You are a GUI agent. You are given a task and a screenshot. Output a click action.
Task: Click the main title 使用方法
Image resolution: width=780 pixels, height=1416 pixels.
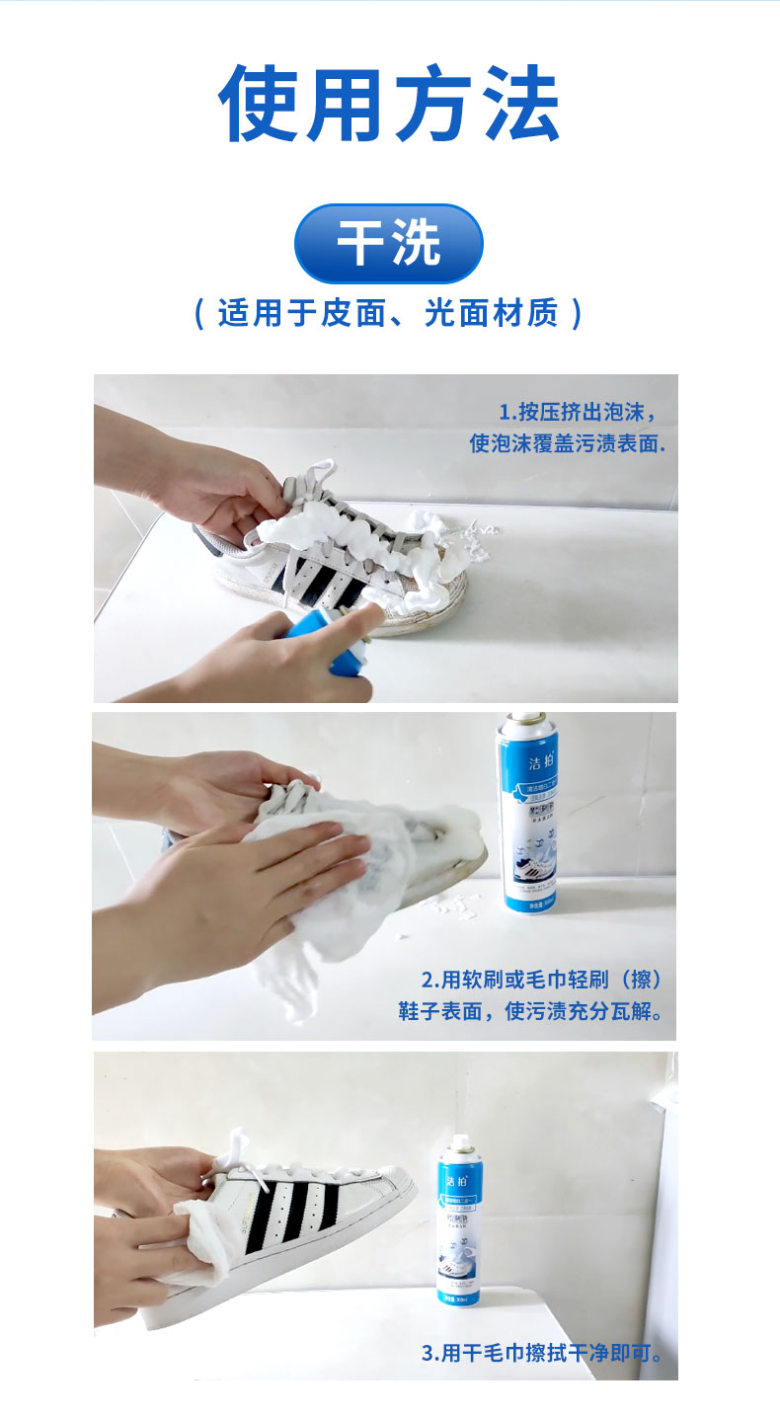[389, 105]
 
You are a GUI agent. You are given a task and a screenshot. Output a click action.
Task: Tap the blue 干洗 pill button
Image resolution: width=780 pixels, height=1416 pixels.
[388, 244]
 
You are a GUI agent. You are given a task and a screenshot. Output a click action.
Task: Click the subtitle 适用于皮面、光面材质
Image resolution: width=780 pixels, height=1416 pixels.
[389, 313]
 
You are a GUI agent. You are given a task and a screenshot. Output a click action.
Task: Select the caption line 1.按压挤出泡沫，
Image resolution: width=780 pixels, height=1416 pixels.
[577, 412]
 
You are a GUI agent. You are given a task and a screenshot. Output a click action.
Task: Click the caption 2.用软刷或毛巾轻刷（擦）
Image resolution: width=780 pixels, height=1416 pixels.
[540, 981]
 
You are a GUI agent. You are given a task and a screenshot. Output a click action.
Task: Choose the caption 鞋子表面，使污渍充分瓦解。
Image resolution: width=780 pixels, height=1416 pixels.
[530, 1012]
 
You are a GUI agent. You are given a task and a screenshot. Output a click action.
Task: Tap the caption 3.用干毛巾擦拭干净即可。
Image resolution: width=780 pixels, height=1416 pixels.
[542, 1353]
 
